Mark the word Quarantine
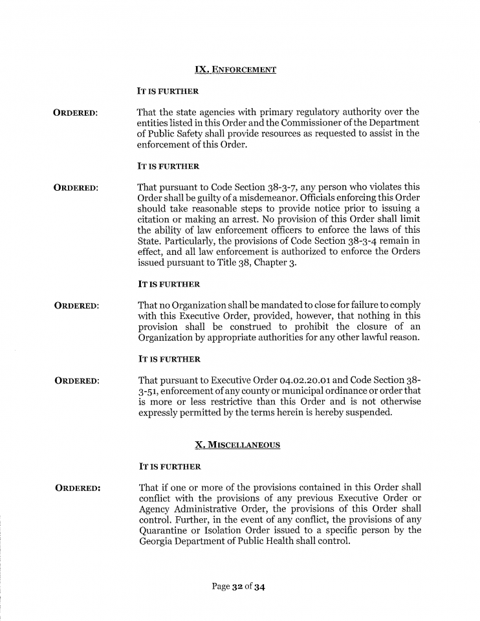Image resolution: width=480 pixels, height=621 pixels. pos(166,530)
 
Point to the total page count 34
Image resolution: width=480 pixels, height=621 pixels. pos(260,587)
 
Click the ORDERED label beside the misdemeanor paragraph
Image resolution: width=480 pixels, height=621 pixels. pos(76,188)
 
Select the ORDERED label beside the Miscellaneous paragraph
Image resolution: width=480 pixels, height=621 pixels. pos(78,488)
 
